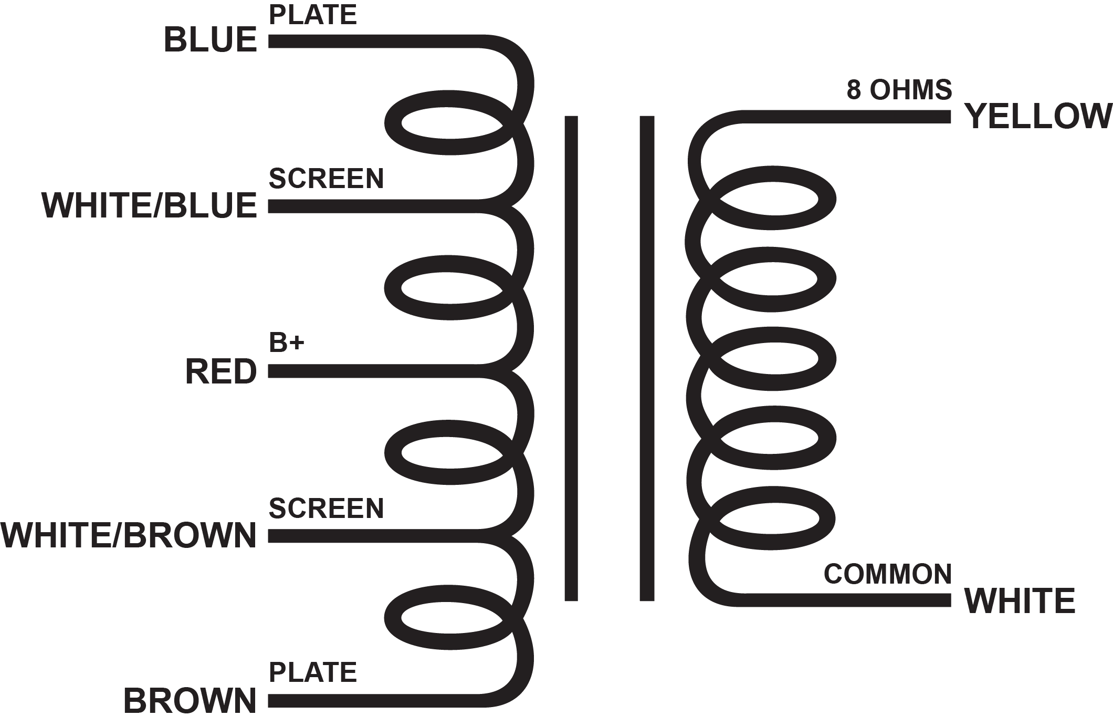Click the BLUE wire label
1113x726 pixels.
tap(210, 40)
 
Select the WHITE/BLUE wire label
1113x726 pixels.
tap(149, 205)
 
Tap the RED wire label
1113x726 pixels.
tap(221, 371)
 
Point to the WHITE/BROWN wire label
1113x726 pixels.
tap(129, 536)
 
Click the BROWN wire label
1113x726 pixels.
tap(190, 701)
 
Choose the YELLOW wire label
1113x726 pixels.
tap(1038, 116)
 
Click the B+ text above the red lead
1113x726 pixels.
tap(286, 343)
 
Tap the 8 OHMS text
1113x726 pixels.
tap(899, 90)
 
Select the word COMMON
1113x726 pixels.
tap(887, 574)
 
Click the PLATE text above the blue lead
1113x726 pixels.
tap(313, 15)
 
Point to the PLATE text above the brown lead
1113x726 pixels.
tap(313, 672)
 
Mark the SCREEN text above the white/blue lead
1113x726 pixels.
tap(326, 179)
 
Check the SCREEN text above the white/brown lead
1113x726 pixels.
tap(326, 508)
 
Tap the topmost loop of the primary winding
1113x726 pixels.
tap(394, 123)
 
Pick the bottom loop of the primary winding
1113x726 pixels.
tap(394, 617)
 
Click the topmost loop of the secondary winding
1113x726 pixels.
tap(826, 200)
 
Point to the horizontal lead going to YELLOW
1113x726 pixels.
tap(845, 117)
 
